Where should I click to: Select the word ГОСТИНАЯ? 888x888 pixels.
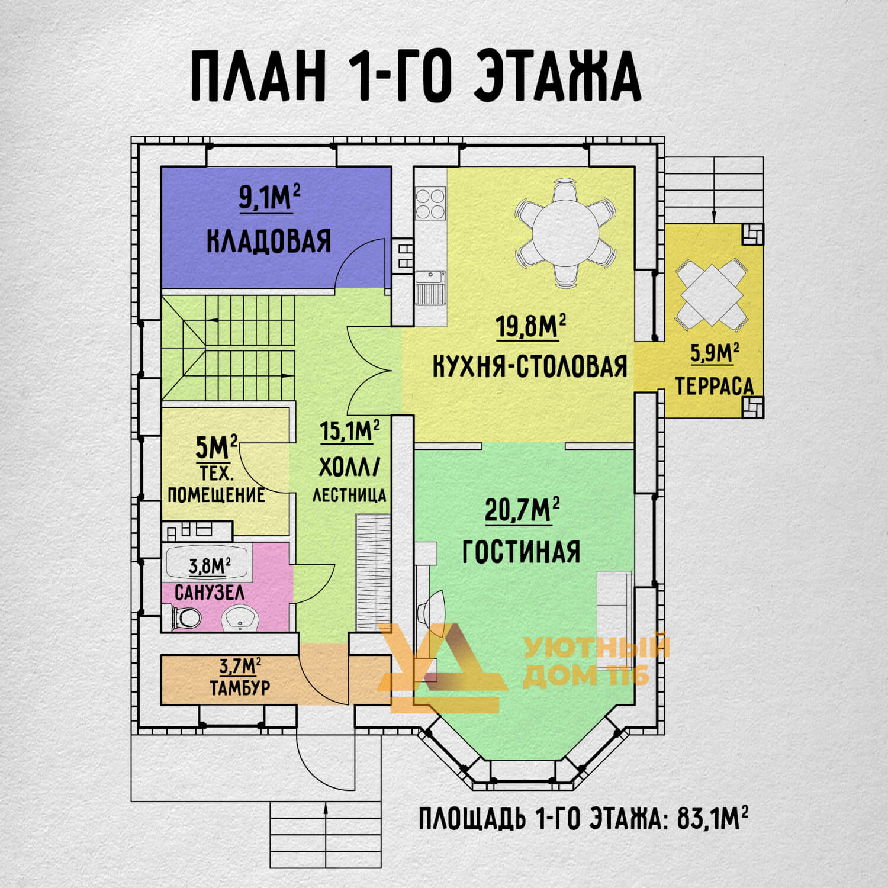[x=522, y=552]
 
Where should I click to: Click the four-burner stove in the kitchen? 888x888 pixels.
[x=430, y=203]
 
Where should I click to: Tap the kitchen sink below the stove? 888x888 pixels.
[x=430, y=287]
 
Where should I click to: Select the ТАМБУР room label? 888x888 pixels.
[x=240, y=688]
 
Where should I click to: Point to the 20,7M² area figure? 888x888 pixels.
[x=523, y=510]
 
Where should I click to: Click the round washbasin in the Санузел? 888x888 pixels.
[x=240, y=619]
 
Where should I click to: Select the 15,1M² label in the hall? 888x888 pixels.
[x=349, y=431]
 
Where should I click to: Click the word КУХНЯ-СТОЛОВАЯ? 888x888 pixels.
[x=530, y=366]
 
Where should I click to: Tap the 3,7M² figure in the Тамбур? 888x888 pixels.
[x=240, y=666]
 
